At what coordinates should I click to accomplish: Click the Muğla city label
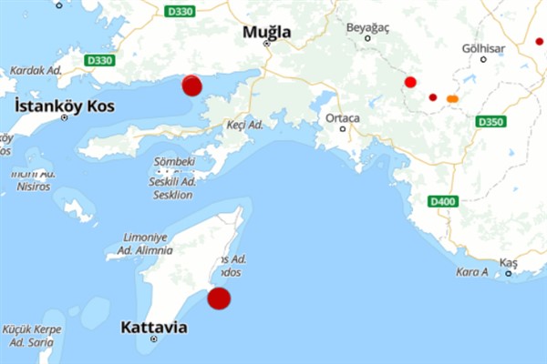click(x=266, y=32)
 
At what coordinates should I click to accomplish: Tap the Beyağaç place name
click(x=367, y=27)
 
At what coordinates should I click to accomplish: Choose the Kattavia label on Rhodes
click(x=154, y=326)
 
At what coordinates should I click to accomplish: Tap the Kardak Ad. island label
click(x=35, y=70)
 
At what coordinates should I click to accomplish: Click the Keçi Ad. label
click(x=244, y=124)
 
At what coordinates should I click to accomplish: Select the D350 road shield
click(x=490, y=121)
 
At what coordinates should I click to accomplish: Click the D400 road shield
click(x=443, y=201)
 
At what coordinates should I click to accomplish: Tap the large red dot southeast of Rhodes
click(x=219, y=298)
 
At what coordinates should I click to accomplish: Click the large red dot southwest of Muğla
click(x=191, y=85)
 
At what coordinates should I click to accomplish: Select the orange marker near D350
click(x=452, y=98)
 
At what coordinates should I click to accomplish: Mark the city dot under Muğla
click(x=267, y=43)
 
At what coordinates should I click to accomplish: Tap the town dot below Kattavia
click(x=154, y=339)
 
